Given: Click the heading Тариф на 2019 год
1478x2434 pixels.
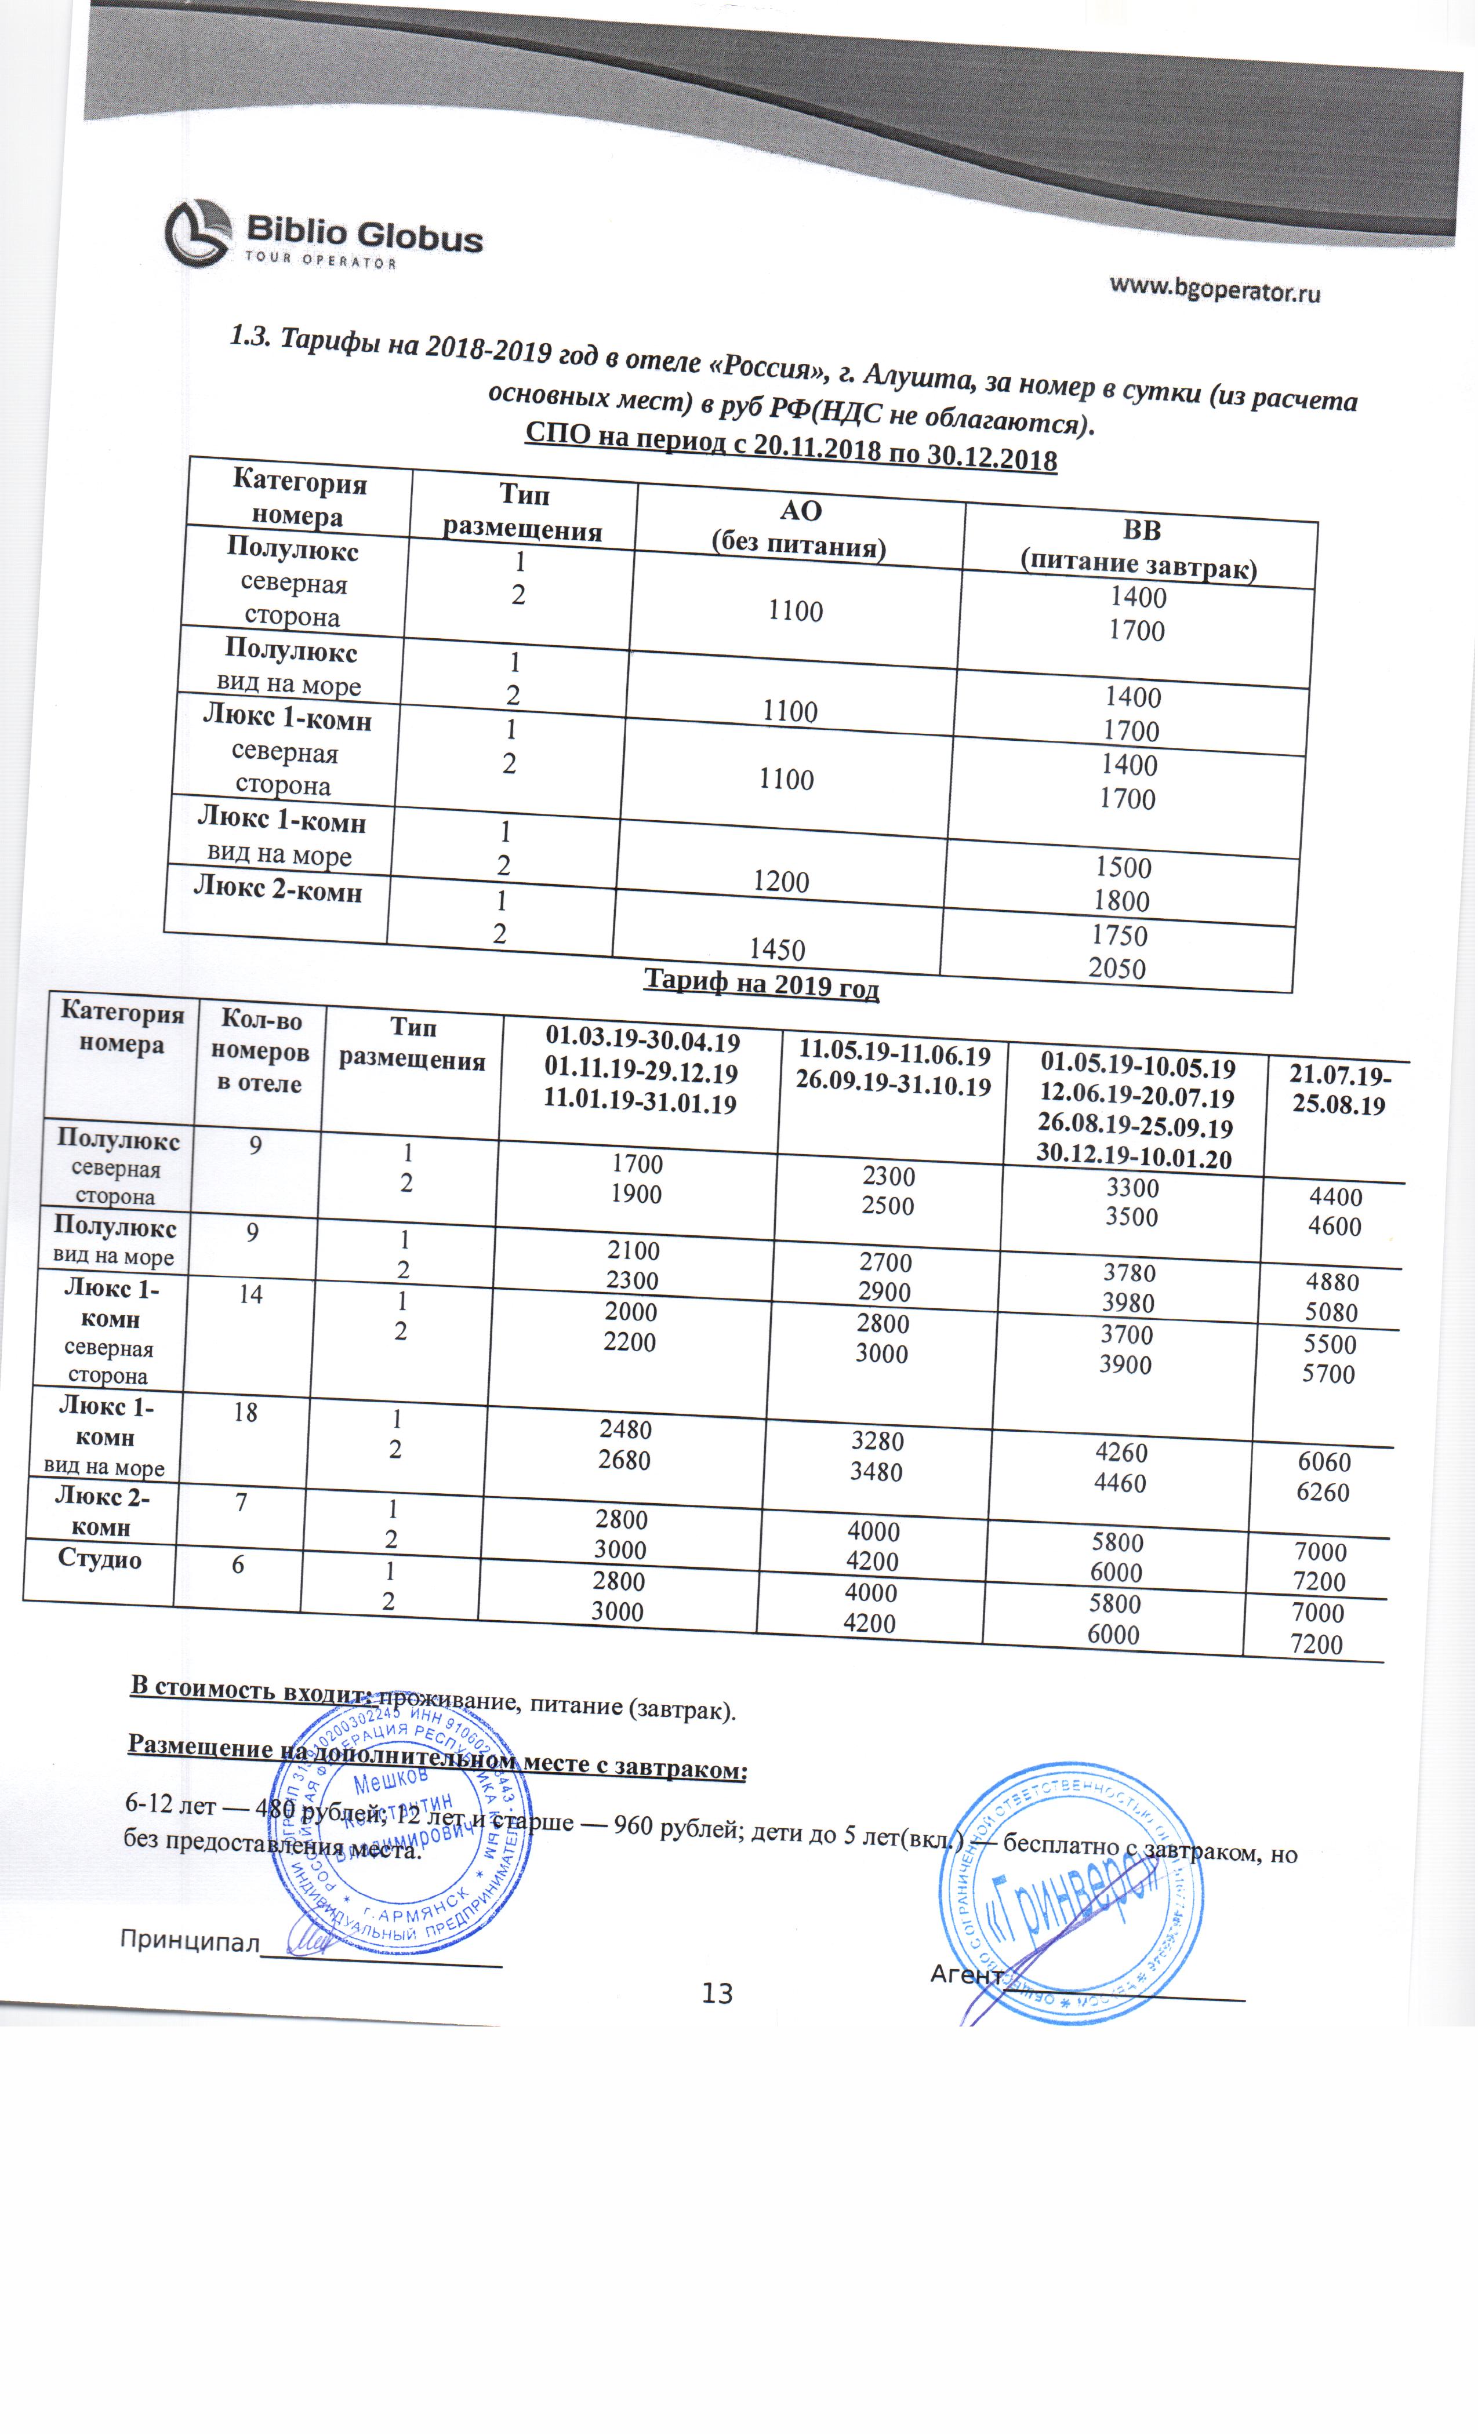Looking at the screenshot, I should click(761, 983).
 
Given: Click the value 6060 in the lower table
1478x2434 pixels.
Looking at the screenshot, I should click(1324, 1461).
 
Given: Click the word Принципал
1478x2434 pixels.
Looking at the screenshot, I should click(188, 1939).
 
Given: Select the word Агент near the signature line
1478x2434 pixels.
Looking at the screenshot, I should click(966, 1974).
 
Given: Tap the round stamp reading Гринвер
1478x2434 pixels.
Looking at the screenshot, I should click(1072, 1894).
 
